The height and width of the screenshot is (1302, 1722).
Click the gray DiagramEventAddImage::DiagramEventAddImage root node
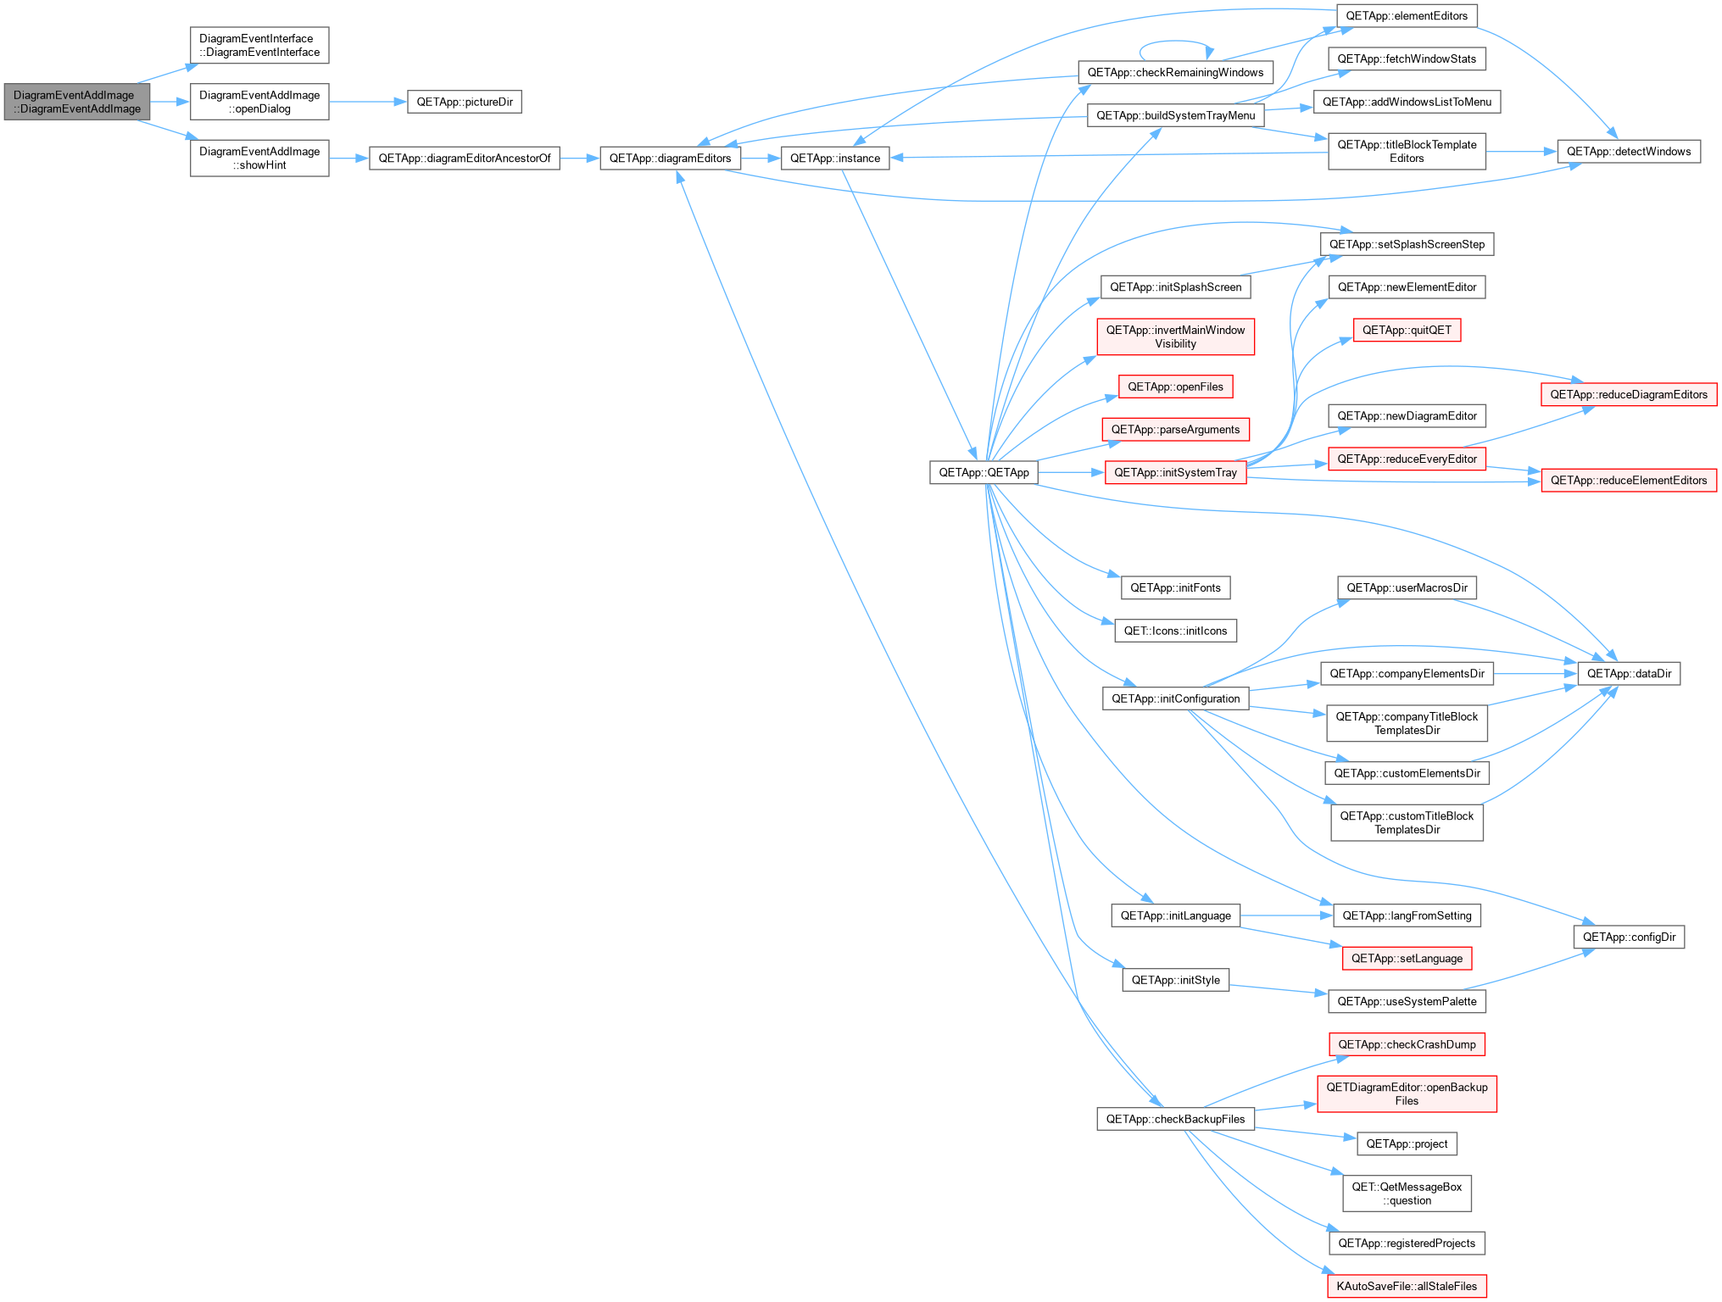click(77, 102)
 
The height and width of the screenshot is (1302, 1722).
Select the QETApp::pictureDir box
click(465, 102)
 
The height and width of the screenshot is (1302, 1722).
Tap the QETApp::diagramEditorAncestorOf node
click(465, 159)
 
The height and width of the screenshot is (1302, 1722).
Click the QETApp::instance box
click(835, 159)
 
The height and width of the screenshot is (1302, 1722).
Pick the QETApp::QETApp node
click(984, 473)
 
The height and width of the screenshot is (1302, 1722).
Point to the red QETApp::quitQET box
click(1407, 331)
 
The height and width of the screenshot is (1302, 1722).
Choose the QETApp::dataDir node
click(1629, 674)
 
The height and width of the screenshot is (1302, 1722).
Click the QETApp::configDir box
click(1629, 938)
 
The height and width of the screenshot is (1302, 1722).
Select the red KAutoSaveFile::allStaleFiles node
click(1407, 1287)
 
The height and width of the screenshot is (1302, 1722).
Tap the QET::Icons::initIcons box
click(1175, 631)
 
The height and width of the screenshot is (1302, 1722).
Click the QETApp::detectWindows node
click(1629, 152)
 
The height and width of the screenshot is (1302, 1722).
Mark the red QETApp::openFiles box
click(1175, 387)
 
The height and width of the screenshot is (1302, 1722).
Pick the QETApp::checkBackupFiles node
click(1175, 1120)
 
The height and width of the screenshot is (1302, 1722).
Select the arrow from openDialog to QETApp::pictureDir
click(368, 102)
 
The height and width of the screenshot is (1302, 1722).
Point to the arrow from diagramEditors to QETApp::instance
click(761, 159)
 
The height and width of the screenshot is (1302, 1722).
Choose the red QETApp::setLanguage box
click(1407, 959)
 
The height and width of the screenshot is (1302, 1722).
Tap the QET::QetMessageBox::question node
click(1407, 1194)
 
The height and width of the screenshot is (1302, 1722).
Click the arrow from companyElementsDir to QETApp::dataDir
click(1535, 674)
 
